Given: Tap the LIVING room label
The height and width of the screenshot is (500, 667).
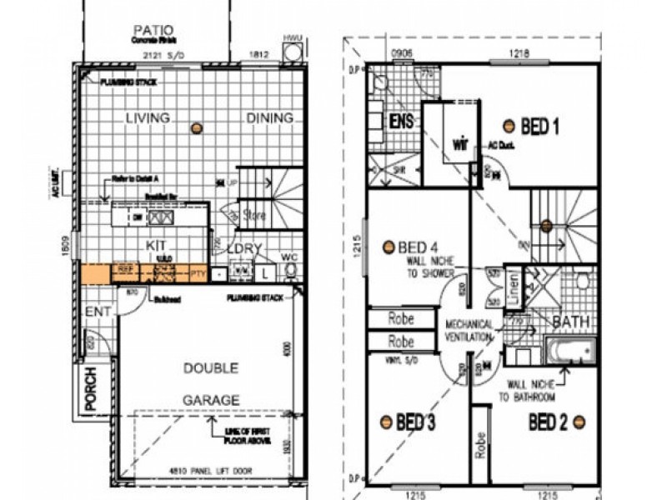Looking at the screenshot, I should click(148, 117).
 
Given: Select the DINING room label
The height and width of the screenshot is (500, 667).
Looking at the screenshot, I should click(269, 118).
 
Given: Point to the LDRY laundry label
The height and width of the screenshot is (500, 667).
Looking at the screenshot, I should click(246, 248).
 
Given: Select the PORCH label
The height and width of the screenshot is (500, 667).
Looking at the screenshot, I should click(92, 389).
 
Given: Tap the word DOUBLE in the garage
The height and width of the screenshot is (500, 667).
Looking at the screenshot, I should click(210, 367).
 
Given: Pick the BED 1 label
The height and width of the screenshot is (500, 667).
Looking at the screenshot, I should click(539, 127).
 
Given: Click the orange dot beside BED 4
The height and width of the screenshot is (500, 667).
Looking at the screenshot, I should click(388, 247).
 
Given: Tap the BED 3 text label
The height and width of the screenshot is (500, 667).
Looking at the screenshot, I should click(416, 422).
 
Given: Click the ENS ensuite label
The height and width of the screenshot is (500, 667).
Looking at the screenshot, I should click(402, 122).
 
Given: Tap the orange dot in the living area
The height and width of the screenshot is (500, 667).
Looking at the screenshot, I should click(196, 127).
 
